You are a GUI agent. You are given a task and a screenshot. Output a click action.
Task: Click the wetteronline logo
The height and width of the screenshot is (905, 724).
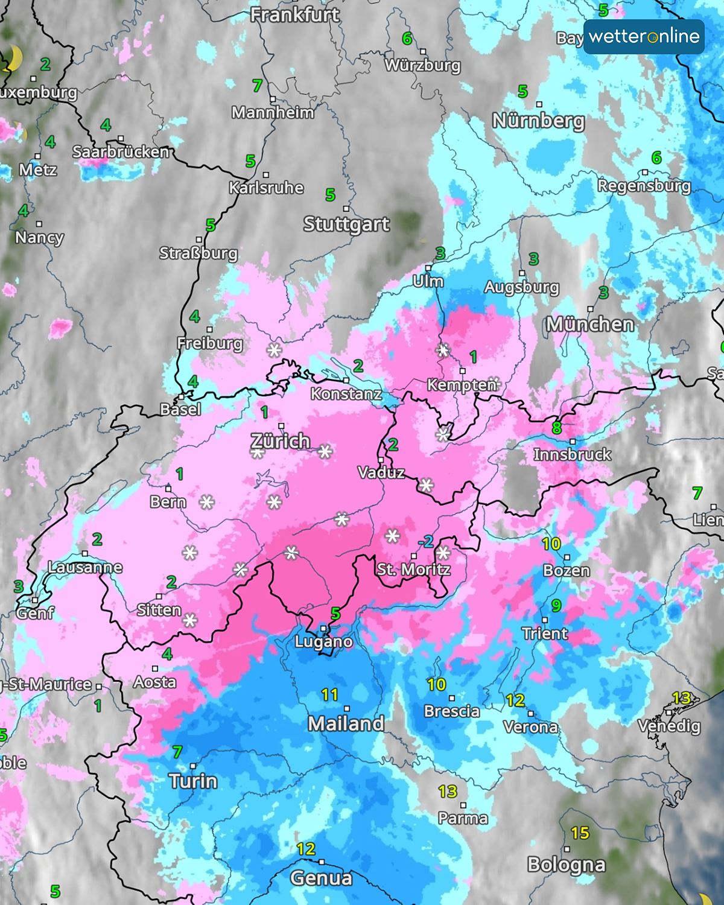pos(644,37)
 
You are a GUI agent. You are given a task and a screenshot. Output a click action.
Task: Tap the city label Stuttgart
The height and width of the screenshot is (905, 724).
pos(346,224)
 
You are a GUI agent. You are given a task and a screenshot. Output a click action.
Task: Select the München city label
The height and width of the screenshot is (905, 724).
pos(590,325)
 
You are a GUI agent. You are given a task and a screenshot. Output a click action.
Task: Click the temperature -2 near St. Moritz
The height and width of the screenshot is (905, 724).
pos(426,541)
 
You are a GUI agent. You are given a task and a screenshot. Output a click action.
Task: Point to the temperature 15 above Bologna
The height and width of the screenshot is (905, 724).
pos(580,833)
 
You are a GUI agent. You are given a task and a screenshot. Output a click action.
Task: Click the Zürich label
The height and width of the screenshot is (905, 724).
pos(281,442)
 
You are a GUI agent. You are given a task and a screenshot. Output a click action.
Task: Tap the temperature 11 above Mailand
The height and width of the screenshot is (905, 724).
pos(329,695)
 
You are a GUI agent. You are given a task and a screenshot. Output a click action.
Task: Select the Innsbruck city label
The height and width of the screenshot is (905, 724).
pos(572,454)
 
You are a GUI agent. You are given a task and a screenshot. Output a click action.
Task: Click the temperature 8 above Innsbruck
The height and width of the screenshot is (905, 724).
pos(556,428)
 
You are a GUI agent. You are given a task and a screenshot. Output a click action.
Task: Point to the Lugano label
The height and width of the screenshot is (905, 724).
pos(323,641)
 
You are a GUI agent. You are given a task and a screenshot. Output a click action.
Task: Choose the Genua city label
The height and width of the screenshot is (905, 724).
pos(321,878)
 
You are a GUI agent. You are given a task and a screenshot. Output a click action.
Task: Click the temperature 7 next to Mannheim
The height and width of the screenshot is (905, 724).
pos(258,86)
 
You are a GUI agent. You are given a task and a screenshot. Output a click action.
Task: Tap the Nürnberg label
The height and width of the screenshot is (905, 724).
pos(538,121)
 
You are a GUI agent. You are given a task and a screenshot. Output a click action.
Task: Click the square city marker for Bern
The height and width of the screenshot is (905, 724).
pos(168,489)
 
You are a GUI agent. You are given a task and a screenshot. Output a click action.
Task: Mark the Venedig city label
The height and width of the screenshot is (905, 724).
pos(669,726)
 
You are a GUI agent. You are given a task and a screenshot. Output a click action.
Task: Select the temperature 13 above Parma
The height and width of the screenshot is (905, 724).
pos(448,791)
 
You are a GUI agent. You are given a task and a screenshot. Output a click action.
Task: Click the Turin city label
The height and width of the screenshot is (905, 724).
pos(193,781)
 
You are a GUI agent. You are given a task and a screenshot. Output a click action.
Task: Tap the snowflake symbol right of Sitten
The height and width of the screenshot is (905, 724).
pos(190,620)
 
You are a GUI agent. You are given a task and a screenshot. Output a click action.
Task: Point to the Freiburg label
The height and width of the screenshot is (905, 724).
pos(210,343)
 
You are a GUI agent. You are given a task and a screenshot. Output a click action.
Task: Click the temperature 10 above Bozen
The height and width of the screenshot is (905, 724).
pos(551,544)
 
